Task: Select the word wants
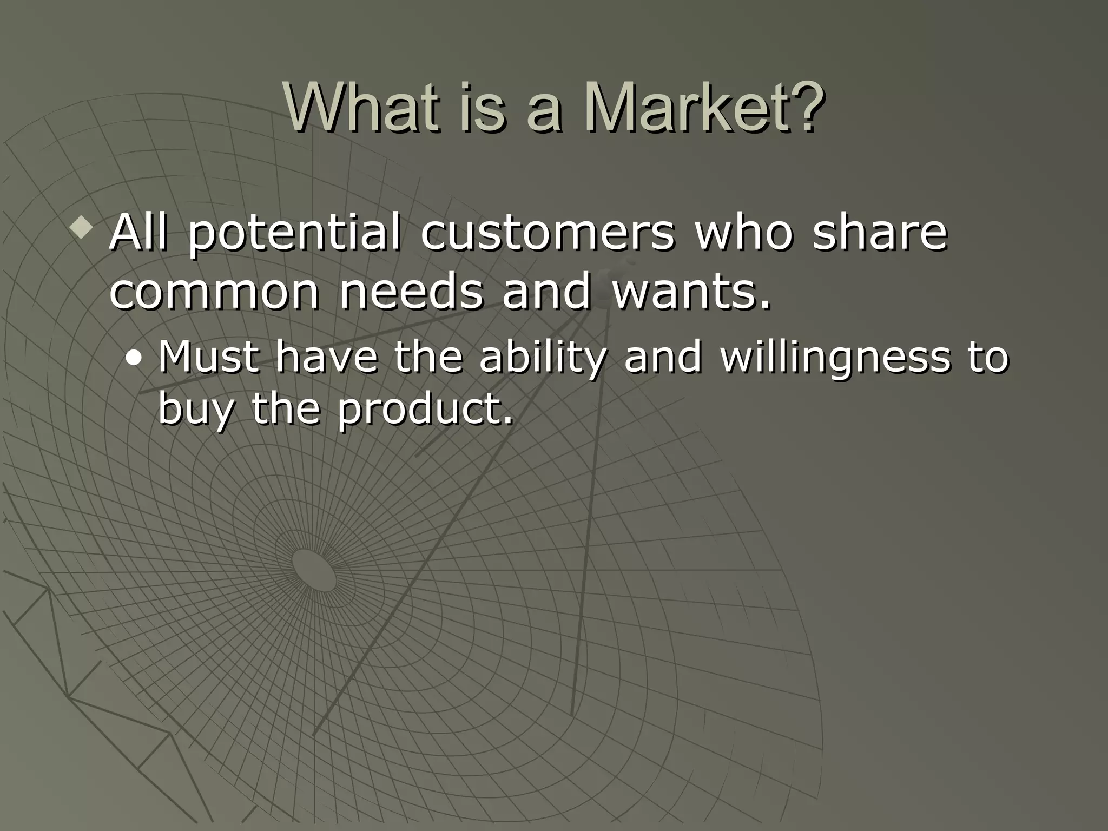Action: [691, 292]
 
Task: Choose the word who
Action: [743, 233]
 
